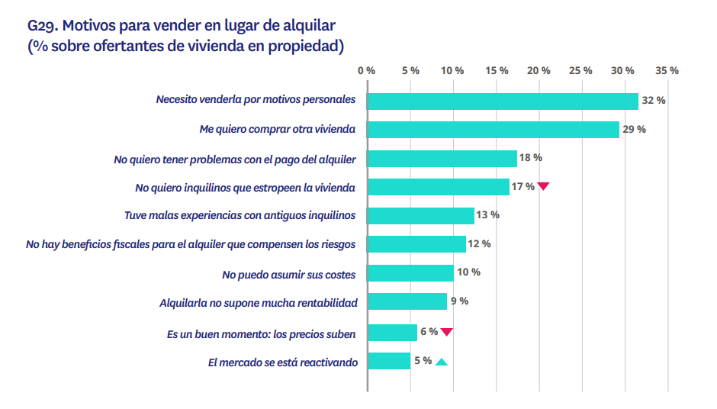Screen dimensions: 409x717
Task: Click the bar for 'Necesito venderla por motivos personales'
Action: point(503,101)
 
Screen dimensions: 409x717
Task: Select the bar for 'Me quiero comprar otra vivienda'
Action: point(493,130)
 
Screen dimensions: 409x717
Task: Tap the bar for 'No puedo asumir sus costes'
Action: point(410,273)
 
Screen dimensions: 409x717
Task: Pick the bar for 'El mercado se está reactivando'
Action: point(389,361)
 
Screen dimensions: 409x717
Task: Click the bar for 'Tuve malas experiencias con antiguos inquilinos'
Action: point(421,216)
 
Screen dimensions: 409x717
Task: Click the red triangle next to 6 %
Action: point(447,332)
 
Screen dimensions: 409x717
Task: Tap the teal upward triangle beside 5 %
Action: point(441,362)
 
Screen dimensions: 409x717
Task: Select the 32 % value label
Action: point(654,100)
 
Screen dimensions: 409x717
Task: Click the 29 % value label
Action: point(634,129)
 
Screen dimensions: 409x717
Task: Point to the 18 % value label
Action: point(530,157)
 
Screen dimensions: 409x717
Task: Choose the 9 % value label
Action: point(459,301)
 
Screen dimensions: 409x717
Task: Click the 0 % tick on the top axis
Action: point(367,70)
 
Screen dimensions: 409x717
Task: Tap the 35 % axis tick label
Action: point(667,70)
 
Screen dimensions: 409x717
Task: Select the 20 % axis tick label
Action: point(539,70)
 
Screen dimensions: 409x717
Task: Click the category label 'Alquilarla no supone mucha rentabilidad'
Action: point(258,303)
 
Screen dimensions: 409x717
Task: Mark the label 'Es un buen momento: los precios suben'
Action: point(262,333)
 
